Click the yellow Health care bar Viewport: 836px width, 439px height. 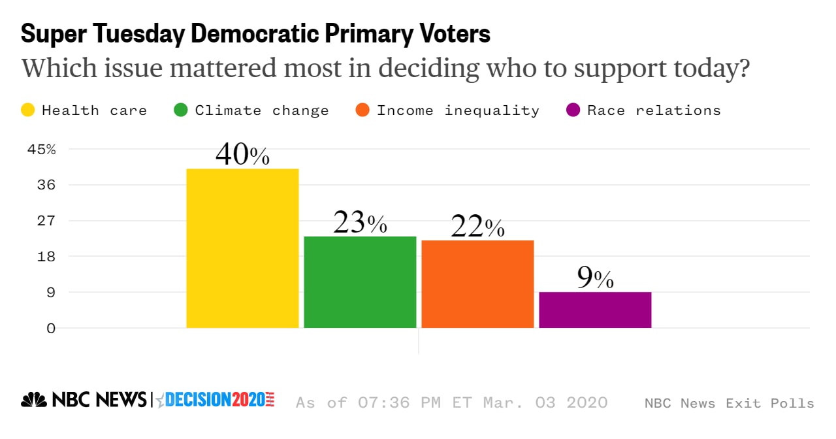click(242, 248)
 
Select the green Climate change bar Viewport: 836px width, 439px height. click(360, 282)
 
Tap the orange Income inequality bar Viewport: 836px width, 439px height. click(477, 284)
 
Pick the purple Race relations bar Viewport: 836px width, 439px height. click(595, 310)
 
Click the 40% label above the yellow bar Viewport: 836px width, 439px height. click(242, 155)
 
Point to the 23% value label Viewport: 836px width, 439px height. click(360, 223)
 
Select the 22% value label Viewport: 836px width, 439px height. click(477, 227)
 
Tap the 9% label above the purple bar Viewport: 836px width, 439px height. click(595, 278)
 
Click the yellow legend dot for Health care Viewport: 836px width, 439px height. click(28, 110)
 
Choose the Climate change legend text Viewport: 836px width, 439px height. click(262, 110)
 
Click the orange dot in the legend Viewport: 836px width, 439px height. click(362, 110)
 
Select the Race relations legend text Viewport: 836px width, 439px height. click(654, 110)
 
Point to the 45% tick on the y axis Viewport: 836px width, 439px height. click(42, 149)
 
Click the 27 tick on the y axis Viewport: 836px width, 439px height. click(47, 221)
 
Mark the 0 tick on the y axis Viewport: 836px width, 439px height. click(51, 328)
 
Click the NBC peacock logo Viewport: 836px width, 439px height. click(34, 400)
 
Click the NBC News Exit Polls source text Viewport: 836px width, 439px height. click(729, 403)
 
